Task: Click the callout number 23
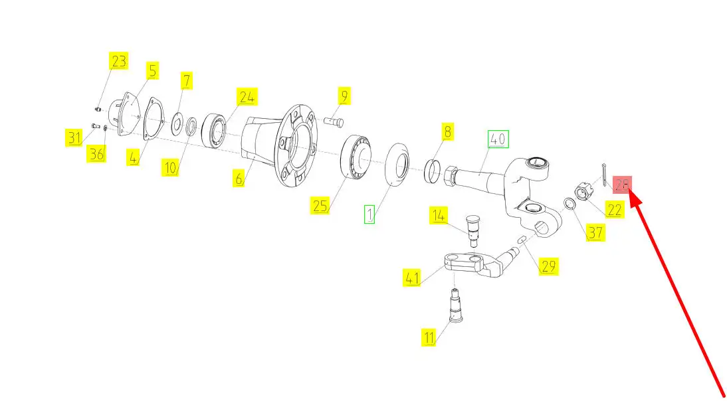(x=118, y=60)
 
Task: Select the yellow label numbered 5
(x=153, y=70)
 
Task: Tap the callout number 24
(x=247, y=97)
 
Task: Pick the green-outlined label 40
(x=498, y=139)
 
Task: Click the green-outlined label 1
(x=369, y=214)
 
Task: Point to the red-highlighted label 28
(x=622, y=185)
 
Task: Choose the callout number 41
(x=412, y=278)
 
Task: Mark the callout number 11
(x=429, y=337)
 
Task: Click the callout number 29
(x=548, y=266)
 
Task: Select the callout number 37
(x=595, y=232)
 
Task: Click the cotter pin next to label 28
(x=603, y=175)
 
